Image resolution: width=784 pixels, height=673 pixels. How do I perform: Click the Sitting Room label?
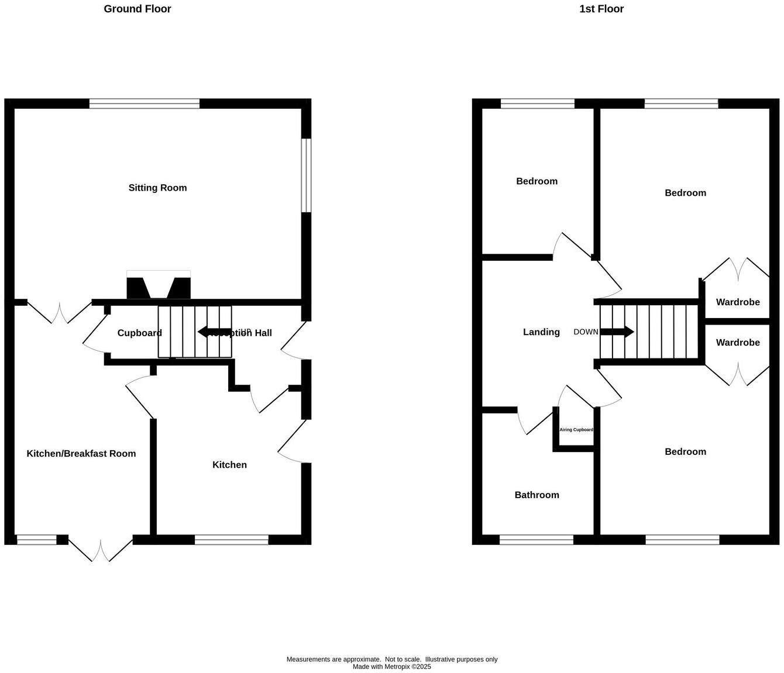(x=157, y=188)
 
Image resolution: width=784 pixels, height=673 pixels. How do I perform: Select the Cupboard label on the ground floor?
(x=139, y=333)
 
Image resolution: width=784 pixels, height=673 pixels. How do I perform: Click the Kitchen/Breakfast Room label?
(x=81, y=454)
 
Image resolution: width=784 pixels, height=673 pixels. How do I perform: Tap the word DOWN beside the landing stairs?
(x=586, y=332)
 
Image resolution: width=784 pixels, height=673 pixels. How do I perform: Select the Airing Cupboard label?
(x=576, y=430)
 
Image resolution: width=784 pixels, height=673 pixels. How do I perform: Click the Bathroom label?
(x=537, y=495)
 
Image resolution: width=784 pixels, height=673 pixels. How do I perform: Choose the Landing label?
(x=541, y=332)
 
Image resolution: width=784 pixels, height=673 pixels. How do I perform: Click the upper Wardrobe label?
(x=738, y=302)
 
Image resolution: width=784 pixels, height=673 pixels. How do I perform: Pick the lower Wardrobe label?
(x=738, y=343)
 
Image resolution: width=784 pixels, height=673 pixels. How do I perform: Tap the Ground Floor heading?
(x=137, y=9)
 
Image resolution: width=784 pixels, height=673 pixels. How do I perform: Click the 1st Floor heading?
(x=601, y=9)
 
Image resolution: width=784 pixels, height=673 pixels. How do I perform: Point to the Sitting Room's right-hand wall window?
(x=306, y=175)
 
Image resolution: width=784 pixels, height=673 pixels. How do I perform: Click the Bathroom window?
(x=537, y=540)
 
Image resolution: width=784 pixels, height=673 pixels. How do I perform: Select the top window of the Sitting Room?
(x=145, y=104)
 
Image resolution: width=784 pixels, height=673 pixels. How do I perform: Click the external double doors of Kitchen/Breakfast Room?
(x=101, y=548)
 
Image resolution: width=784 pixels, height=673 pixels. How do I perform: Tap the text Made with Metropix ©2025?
(x=392, y=667)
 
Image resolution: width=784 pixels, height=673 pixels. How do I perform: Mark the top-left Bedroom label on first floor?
(x=537, y=181)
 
